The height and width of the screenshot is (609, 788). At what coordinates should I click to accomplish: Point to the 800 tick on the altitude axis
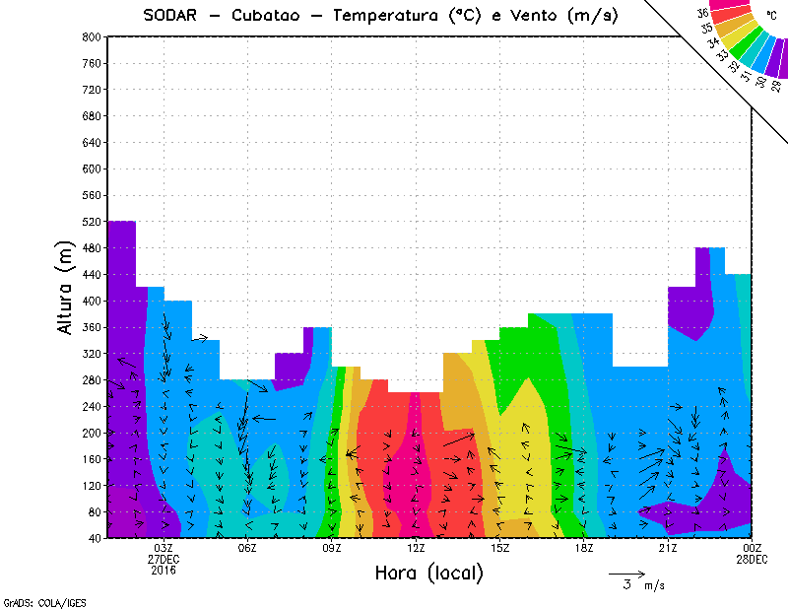(90, 36)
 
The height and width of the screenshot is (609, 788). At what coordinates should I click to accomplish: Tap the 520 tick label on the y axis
(90, 222)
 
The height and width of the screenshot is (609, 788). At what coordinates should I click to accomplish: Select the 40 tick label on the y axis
(93, 539)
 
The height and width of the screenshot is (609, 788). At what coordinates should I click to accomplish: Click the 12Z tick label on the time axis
(417, 548)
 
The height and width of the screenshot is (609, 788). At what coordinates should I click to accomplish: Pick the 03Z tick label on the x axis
(164, 548)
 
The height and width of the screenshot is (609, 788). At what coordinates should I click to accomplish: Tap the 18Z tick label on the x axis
(584, 548)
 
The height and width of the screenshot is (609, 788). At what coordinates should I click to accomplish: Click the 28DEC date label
(753, 559)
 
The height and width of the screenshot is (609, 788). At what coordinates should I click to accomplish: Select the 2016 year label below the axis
(164, 570)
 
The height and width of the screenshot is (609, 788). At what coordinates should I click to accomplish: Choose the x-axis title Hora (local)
(427, 573)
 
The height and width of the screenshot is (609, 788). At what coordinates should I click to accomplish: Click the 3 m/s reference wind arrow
(626, 573)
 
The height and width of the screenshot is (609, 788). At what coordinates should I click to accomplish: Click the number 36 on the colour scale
(702, 14)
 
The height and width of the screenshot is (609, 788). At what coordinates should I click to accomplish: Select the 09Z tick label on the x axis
(332, 548)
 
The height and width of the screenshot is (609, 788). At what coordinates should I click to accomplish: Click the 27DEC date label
(164, 559)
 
